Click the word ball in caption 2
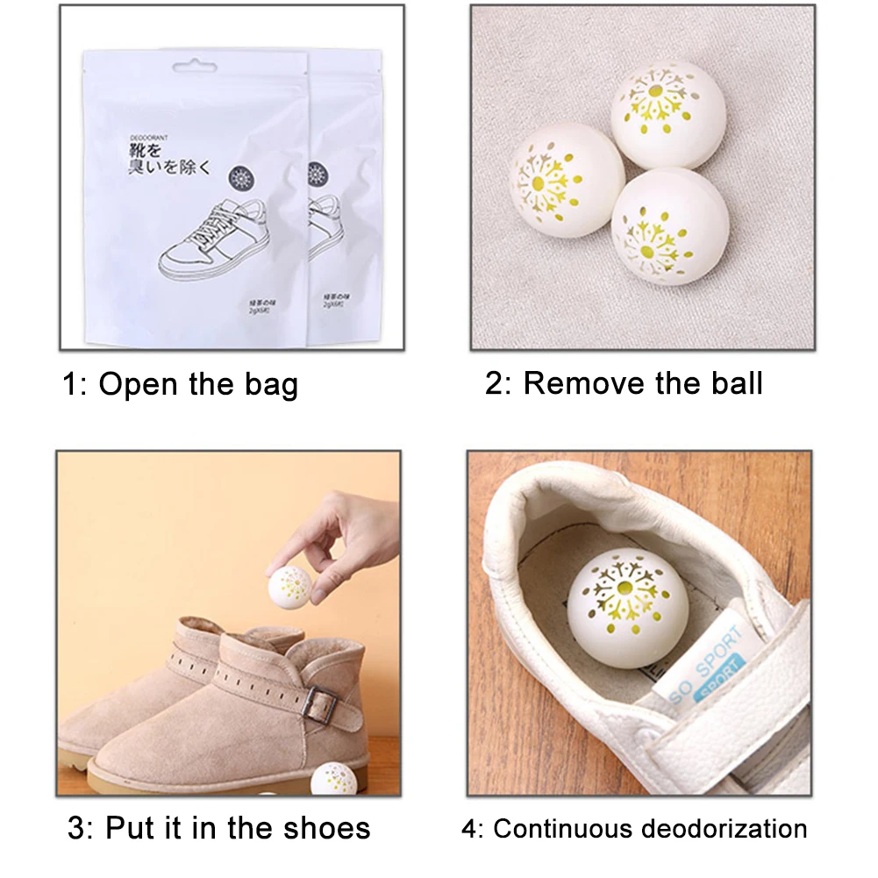(x=732, y=383)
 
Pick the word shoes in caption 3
(x=326, y=828)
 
